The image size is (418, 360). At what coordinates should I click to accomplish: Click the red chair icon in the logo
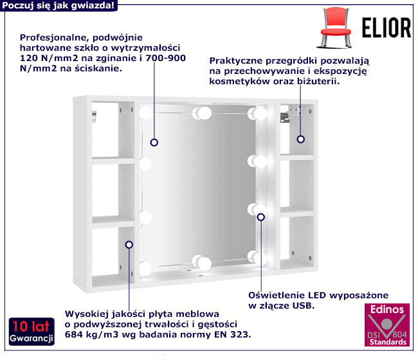335,28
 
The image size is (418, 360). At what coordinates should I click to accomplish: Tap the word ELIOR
386,28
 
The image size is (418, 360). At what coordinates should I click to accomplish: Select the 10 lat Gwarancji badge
32,332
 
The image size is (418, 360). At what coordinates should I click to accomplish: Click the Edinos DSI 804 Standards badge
386,325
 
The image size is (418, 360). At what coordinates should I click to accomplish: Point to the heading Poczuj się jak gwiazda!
59,5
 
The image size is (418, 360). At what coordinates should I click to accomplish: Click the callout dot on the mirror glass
154,143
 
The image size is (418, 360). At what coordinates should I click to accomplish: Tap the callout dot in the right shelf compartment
301,139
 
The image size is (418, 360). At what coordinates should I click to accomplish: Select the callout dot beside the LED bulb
260,217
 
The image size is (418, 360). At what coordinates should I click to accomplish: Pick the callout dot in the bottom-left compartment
129,245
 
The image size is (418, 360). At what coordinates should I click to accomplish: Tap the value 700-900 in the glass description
165,58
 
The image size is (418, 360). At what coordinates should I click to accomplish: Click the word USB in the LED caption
304,305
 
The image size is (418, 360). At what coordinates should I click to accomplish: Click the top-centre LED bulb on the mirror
203,113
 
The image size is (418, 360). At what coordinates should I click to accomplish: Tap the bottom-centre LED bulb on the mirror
202,262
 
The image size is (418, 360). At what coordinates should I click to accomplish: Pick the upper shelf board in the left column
113,161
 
